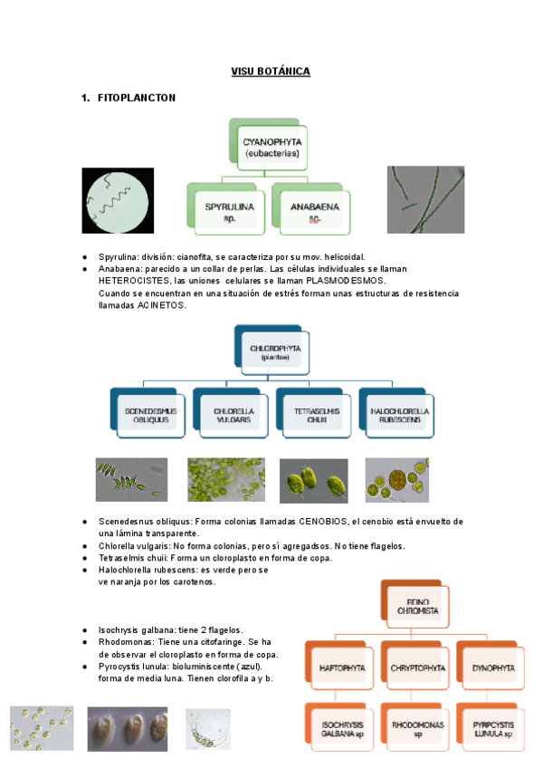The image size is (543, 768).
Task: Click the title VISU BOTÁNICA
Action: pos(271,72)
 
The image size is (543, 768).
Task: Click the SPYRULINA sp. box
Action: pos(229,211)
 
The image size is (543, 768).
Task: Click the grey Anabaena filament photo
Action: pos(426,200)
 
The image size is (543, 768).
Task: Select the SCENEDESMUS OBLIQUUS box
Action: pos(151,416)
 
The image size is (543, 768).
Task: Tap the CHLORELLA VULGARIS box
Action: pos(233,416)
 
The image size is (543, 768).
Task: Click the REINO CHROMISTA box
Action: pos(417,604)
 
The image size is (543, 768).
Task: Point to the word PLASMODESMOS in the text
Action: pos(345,281)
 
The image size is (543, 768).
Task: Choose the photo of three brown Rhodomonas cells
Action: pos(128,728)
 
